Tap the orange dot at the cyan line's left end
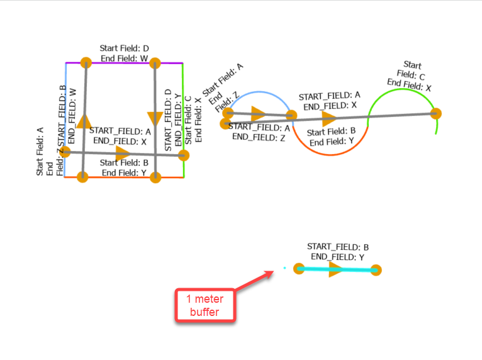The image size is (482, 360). click(x=299, y=269)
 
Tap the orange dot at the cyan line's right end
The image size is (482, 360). click(x=376, y=270)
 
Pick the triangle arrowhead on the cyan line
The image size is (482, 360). click(x=335, y=269)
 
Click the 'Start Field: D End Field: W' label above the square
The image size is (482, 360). click(x=124, y=53)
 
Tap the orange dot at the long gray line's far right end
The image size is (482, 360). click(x=435, y=113)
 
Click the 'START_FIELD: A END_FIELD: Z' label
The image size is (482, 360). click(x=258, y=132)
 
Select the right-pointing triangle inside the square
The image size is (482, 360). click(x=123, y=153)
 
